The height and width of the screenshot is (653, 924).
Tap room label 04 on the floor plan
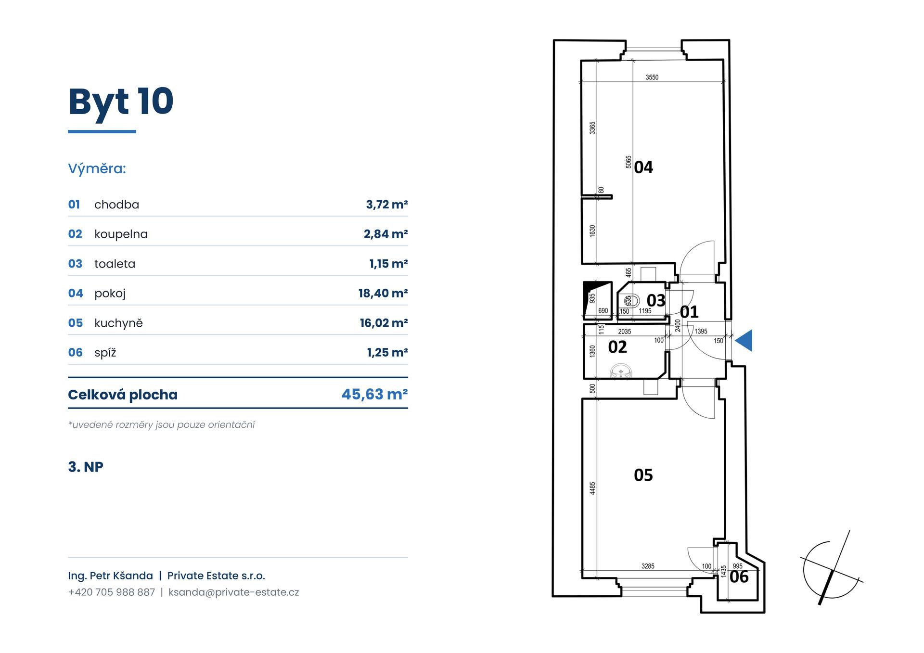(x=643, y=167)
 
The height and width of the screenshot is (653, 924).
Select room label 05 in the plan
(x=643, y=475)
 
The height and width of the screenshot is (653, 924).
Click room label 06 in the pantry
(x=739, y=576)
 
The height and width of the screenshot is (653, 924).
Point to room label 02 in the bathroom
(x=617, y=347)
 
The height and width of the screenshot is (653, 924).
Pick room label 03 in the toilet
(x=656, y=300)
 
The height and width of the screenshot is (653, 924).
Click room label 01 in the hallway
(x=689, y=312)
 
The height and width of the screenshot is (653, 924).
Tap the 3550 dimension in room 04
(x=652, y=77)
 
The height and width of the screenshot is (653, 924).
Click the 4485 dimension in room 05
(x=592, y=488)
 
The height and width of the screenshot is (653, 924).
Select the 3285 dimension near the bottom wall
(x=648, y=566)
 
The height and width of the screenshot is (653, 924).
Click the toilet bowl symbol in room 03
(x=629, y=301)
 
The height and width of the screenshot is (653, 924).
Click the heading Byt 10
(x=121, y=102)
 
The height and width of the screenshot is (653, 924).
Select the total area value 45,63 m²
(x=374, y=395)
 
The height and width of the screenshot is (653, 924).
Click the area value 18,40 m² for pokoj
(x=383, y=293)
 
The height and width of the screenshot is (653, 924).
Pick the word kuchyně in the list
(x=118, y=323)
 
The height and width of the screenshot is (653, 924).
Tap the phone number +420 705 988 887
(x=112, y=592)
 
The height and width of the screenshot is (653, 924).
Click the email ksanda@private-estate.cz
(x=234, y=592)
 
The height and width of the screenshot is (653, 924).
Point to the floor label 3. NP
(x=86, y=467)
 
